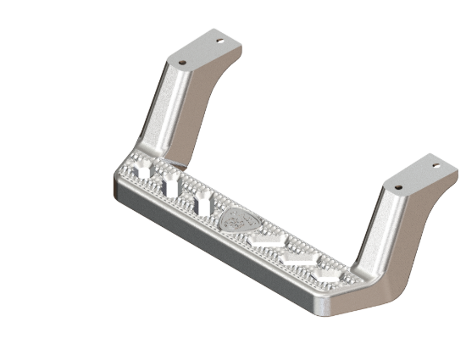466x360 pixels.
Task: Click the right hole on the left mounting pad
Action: pos(222,40)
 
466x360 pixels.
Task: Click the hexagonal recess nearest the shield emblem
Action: pos(264,241)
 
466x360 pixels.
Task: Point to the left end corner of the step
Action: pos(114,182)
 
